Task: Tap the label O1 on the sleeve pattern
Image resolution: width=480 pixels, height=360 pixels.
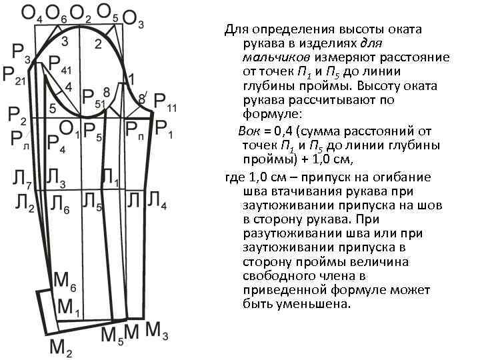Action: click(x=69, y=127)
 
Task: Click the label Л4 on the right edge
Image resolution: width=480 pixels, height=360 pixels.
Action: click(x=158, y=200)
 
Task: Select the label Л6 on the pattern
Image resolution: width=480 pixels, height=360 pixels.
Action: click(x=59, y=204)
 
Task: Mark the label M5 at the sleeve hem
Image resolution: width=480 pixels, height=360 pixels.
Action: click(x=112, y=335)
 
